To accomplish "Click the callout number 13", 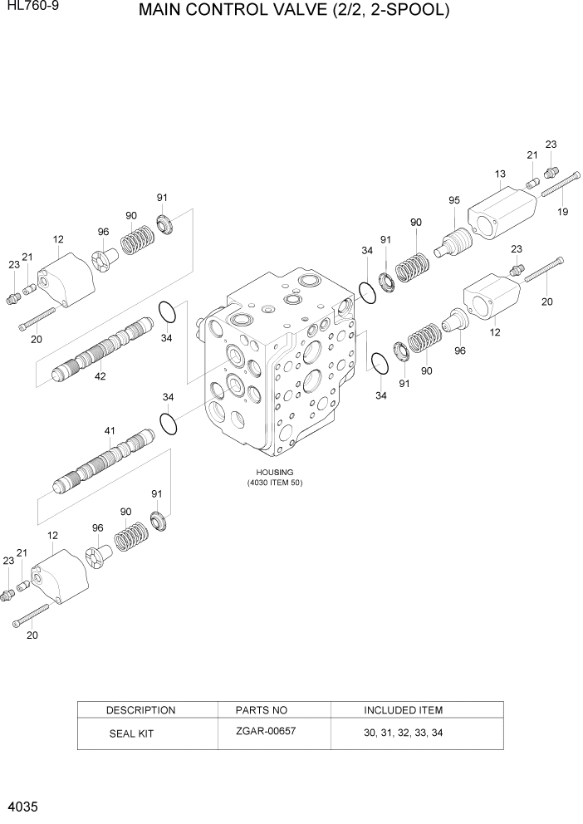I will point(500,174).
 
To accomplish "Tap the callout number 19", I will point(563,212).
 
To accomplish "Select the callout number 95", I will point(454,200).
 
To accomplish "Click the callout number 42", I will point(100,376).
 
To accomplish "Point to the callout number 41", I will point(110,430).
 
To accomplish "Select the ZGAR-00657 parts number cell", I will point(266,731).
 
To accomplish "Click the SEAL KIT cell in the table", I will point(131,734).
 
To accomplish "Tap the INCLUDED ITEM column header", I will point(403,710).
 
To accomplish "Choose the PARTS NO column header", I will point(261,710).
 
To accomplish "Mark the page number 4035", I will point(22,807).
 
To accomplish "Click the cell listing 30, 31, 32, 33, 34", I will point(403,733).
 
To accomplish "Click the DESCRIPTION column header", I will point(140,710).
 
